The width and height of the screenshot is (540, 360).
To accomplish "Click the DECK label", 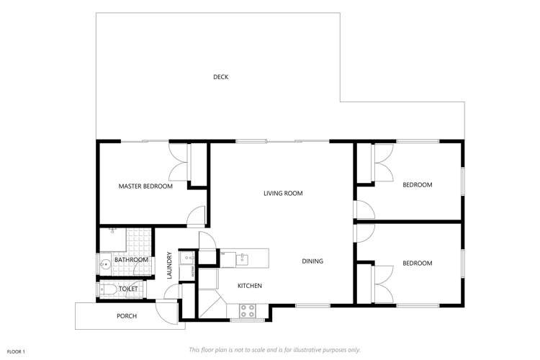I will [220, 77].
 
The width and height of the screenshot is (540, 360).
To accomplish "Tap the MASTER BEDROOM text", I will [145, 186].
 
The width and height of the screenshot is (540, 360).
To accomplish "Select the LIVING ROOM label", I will [283, 193].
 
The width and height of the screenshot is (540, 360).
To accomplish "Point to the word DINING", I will [312, 261].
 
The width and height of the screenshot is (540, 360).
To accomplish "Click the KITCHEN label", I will [250, 286].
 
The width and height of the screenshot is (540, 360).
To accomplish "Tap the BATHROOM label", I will [131, 260].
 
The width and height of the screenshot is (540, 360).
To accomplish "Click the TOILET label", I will [128, 289].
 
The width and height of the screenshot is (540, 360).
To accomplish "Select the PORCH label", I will [127, 316].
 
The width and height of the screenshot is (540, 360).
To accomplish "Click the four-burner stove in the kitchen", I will [247, 311].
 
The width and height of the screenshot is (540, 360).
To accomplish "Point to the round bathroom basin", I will [105, 264].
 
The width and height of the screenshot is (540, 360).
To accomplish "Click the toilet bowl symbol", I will [107, 289].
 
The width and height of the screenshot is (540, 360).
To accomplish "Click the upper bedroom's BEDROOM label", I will [417, 185].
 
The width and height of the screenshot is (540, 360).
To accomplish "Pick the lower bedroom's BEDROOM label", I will [417, 264].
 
